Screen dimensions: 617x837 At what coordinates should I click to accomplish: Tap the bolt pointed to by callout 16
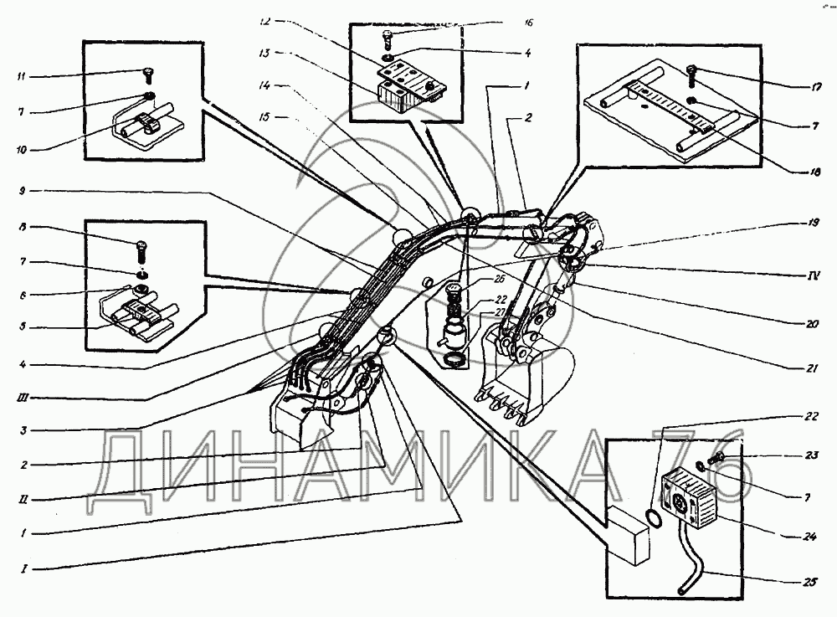[x=389, y=37]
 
